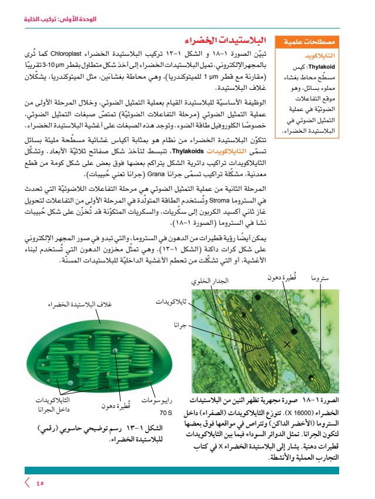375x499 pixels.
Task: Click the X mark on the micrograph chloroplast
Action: pos(287,343)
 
